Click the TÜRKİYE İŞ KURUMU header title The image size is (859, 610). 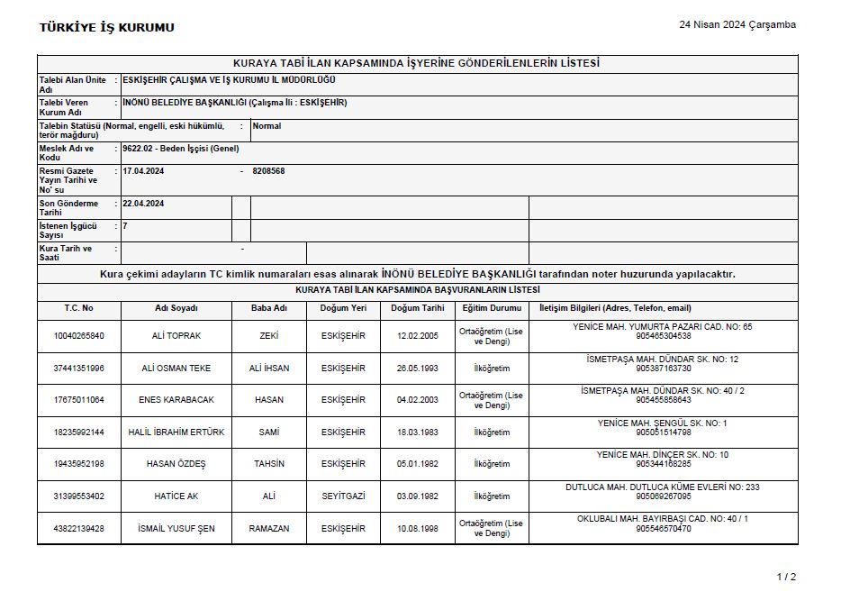click(x=106, y=27)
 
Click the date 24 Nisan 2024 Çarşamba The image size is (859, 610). click(x=737, y=24)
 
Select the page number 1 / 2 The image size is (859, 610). click(x=786, y=576)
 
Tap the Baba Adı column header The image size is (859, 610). click(x=269, y=308)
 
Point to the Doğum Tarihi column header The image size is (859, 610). click(x=417, y=308)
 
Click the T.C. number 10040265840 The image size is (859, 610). click(x=78, y=336)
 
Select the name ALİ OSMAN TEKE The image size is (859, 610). click(x=176, y=368)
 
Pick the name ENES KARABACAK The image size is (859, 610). click(x=176, y=400)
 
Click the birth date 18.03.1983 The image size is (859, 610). click(x=417, y=432)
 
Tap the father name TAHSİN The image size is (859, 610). click(x=269, y=464)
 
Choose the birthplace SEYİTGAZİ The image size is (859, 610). click(x=343, y=496)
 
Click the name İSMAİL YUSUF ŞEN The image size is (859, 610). click(x=176, y=529)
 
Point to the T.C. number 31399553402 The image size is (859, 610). click(x=78, y=496)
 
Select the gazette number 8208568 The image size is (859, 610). click(x=268, y=170)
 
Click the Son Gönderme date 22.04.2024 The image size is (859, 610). click(x=143, y=204)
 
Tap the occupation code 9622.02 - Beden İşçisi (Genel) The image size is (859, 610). click(x=180, y=148)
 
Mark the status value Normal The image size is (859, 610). click(x=267, y=126)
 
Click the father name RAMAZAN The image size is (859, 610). click(x=269, y=529)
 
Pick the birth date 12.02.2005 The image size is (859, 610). click(x=417, y=336)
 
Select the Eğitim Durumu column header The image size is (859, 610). click(x=492, y=308)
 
